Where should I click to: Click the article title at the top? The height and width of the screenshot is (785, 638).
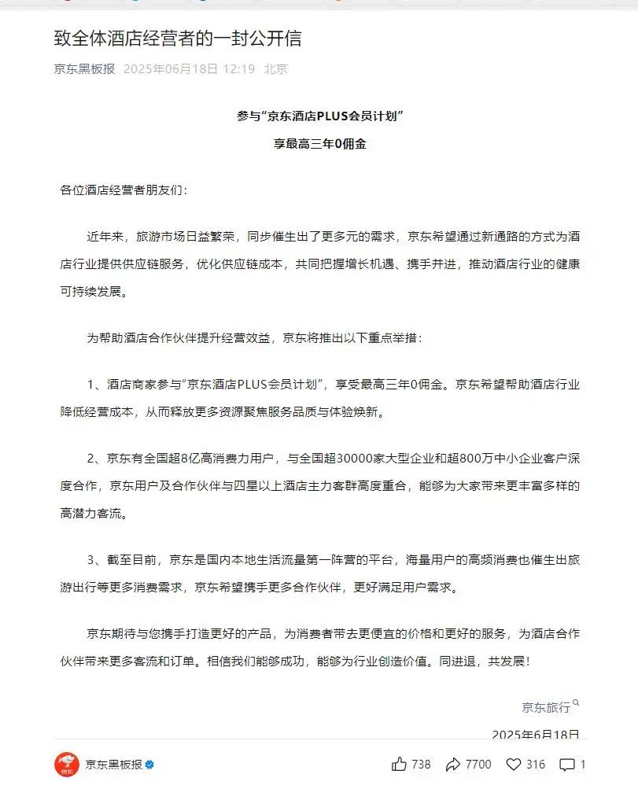click(178, 39)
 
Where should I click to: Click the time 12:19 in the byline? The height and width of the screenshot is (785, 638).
click(238, 69)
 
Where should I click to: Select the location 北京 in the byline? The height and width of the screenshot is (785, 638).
click(275, 69)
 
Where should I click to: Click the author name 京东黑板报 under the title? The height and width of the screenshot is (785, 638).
click(84, 69)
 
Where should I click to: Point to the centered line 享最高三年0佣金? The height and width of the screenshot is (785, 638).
click(319, 145)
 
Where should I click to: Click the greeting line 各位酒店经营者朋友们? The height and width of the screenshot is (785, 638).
click(125, 191)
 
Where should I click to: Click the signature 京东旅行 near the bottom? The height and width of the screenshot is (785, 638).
click(545, 708)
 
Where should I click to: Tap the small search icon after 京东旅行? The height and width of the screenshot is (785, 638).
click(576, 703)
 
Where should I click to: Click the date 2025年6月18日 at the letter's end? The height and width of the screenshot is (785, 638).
click(536, 734)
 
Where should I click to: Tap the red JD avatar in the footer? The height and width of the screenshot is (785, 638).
click(67, 765)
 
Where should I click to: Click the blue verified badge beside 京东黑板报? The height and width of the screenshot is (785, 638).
click(149, 765)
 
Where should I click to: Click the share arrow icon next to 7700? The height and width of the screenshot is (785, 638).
click(453, 764)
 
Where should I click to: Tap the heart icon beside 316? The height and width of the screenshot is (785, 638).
click(514, 764)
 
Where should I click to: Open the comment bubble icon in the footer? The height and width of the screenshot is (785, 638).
click(566, 764)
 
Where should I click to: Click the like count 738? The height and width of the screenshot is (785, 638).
click(421, 764)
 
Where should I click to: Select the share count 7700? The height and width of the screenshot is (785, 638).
click(478, 764)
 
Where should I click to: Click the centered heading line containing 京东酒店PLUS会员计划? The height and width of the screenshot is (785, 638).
click(319, 116)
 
